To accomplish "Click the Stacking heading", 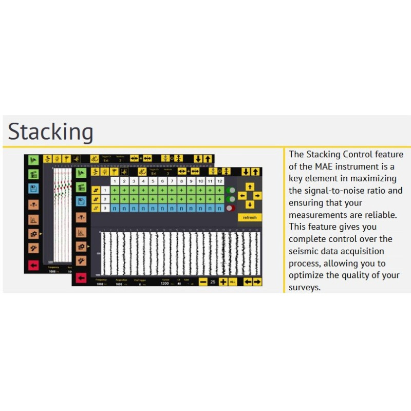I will [x=50, y=132].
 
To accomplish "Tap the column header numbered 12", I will [x=219, y=181].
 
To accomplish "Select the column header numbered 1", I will [x=115, y=181].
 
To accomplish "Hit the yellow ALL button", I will [x=233, y=282].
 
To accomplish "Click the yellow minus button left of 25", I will [x=203, y=282].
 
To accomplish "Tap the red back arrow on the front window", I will [x=81, y=277].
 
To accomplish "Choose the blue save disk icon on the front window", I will [x=81, y=201].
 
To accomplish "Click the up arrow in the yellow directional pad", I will [x=250, y=186].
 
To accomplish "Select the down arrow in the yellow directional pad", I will [x=250, y=204].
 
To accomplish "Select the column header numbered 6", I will [x=162, y=181].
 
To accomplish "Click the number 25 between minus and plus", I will [x=213, y=282].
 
